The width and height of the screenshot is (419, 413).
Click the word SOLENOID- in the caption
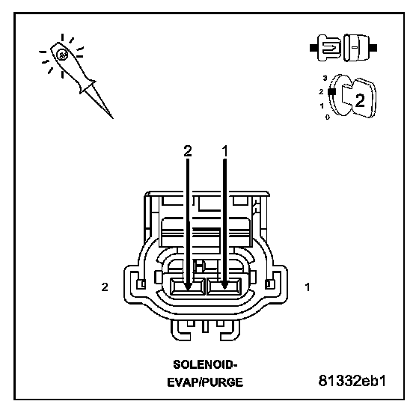(205, 364)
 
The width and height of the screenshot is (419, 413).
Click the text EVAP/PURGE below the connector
(205, 382)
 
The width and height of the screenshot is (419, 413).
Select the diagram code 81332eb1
(352, 380)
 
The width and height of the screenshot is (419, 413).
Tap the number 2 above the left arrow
(188, 151)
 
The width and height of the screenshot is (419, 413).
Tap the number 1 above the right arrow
(225, 151)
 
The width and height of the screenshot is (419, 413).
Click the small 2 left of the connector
(105, 287)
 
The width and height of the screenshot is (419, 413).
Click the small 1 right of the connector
(308, 287)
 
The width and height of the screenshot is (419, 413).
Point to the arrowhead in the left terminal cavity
(188, 287)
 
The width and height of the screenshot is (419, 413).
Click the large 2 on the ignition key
(360, 101)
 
